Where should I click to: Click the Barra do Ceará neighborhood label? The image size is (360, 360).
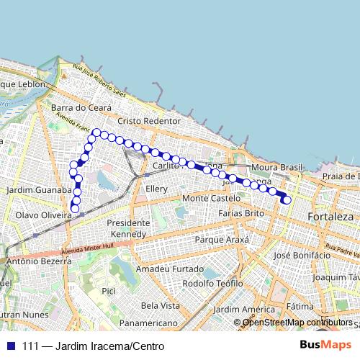point(81,107)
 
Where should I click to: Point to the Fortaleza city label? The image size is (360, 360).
point(330,216)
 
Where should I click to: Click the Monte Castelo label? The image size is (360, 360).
point(210,197)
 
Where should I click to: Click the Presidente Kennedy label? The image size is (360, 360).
point(127,228)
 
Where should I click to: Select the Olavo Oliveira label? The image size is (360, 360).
point(40,215)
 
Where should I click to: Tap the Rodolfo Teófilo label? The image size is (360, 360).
point(212,283)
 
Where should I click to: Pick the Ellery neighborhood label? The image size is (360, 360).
point(156,189)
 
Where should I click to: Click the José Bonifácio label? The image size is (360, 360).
point(302,255)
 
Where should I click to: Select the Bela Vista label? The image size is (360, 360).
point(160,305)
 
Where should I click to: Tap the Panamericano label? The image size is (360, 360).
point(148,323)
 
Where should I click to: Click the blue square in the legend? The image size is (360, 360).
point(11,346)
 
